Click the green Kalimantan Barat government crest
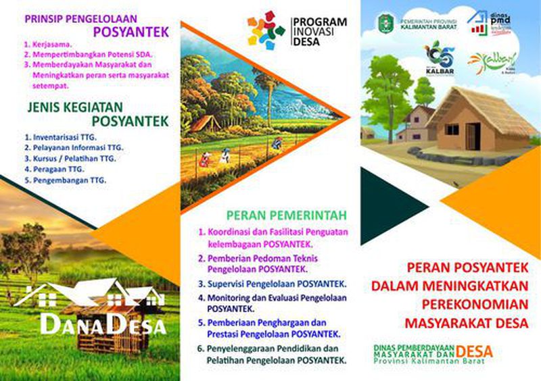(x=384, y=22)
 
